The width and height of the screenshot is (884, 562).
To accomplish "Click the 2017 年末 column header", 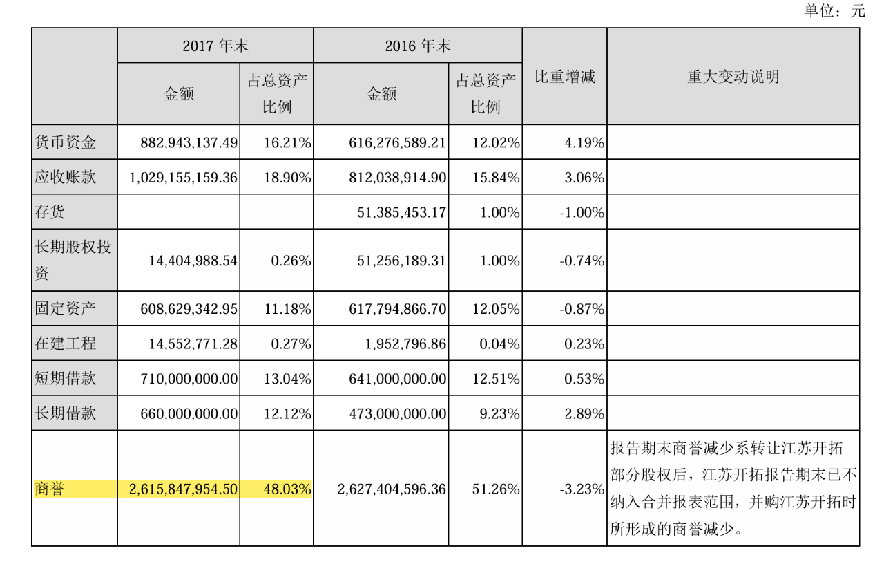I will [215, 46].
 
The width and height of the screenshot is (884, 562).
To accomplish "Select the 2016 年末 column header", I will [417, 46].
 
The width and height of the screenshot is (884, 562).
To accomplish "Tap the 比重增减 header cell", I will [564, 77].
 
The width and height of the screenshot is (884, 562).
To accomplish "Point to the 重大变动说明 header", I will [733, 77].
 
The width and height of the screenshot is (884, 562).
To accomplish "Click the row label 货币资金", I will [66, 143].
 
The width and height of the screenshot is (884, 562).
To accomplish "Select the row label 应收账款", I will [66, 178].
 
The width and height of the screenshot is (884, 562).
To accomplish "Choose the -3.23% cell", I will [582, 489].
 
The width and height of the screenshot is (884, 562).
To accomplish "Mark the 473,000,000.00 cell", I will [391, 414].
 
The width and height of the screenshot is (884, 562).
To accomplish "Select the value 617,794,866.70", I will [391, 309].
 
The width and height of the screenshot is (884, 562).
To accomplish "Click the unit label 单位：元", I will [834, 10].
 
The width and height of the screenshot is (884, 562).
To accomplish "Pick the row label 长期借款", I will [66, 414].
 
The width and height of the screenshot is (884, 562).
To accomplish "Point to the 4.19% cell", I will [584, 143].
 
